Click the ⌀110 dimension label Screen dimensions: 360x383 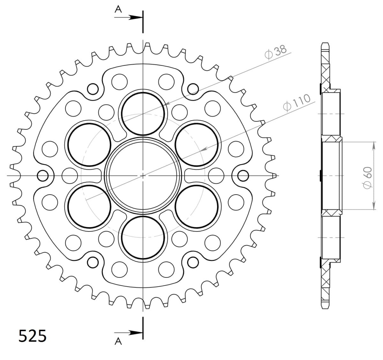tap(297, 103)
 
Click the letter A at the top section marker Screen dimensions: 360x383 tap(118, 10)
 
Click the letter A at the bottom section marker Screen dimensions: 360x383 tap(118, 342)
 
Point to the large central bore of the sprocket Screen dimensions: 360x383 tap(143, 175)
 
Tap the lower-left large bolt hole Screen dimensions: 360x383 tap(90, 206)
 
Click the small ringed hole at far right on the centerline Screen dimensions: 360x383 tap(243, 175)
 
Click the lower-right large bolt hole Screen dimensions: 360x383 tap(197, 206)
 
